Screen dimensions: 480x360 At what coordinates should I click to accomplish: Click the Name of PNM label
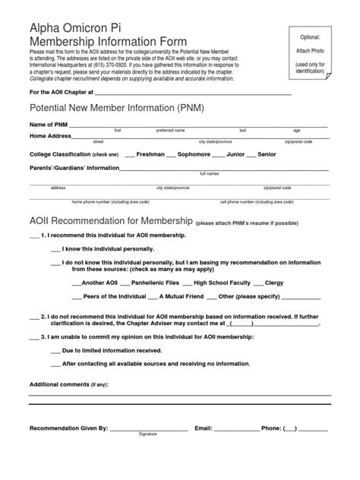pyautogui.click(x=48, y=124)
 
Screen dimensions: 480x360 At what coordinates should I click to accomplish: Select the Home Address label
pyautogui.click(x=49, y=136)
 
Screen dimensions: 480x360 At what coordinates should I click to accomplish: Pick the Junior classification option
pyautogui.click(x=235, y=153)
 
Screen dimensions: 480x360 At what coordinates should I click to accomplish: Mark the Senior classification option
pyautogui.click(x=267, y=153)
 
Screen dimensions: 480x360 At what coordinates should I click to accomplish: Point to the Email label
pyautogui.click(x=203, y=428)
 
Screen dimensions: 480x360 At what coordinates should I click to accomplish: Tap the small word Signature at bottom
pyautogui.click(x=147, y=435)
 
